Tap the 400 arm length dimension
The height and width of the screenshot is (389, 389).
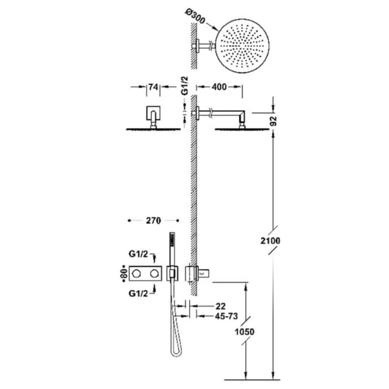[x=219, y=87]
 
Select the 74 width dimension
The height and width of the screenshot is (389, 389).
[x=153, y=87]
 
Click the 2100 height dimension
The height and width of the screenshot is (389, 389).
[x=271, y=241]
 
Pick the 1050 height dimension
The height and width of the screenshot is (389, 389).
[x=245, y=332]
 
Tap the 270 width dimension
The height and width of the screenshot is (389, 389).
[x=153, y=221]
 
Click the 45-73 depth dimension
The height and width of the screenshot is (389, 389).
[x=226, y=317]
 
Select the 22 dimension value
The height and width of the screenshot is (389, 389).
[x=220, y=306]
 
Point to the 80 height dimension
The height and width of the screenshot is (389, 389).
[x=124, y=273]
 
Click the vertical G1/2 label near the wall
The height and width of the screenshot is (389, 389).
[x=185, y=86]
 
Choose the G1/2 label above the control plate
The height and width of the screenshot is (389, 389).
[x=138, y=254]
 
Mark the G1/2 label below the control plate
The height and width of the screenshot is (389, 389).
[x=138, y=293]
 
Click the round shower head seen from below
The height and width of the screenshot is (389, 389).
[x=242, y=46]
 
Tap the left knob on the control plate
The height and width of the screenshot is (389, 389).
[x=136, y=274]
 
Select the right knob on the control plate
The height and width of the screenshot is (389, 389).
[x=154, y=274]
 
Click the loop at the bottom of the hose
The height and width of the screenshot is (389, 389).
[x=176, y=348]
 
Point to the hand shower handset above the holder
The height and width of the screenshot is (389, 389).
[x=172, y=249]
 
